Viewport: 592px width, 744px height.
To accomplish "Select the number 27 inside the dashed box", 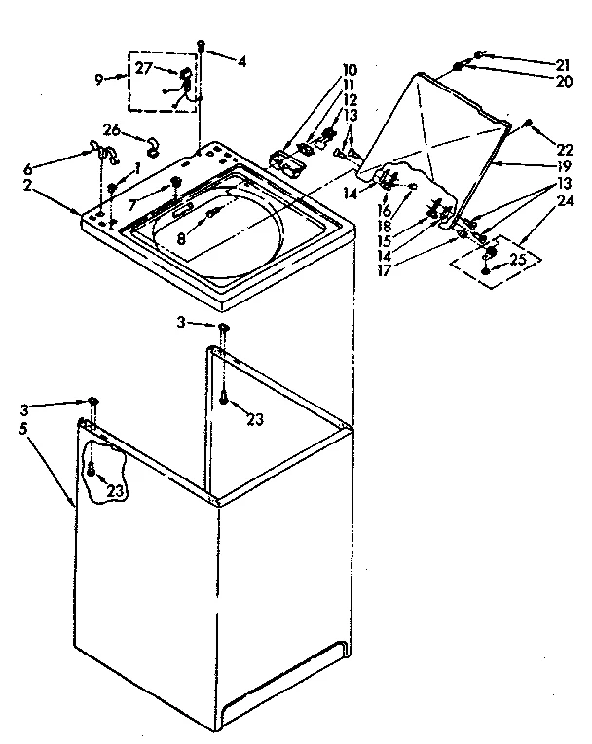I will pos(143,69).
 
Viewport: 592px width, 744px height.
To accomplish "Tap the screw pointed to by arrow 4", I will pos(202,45).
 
